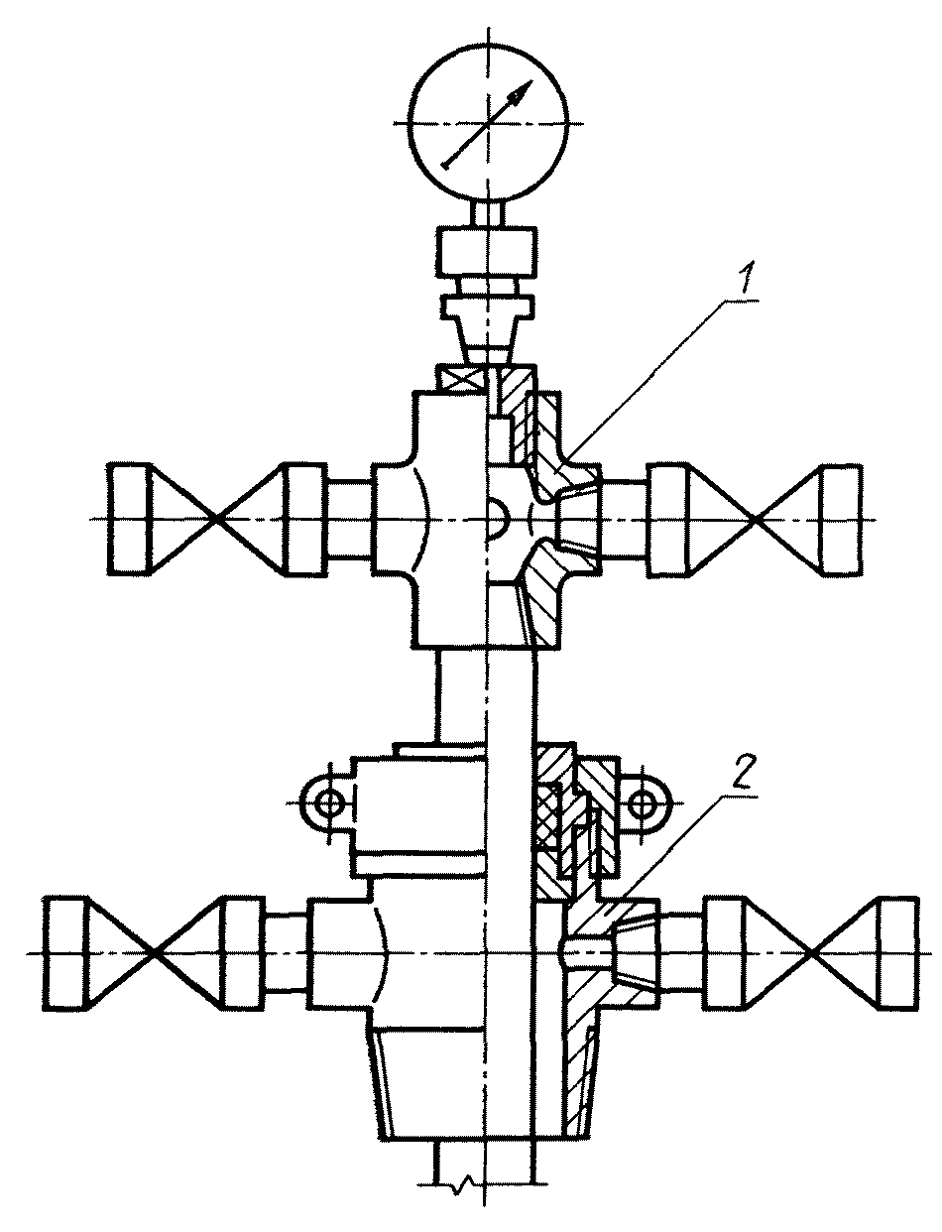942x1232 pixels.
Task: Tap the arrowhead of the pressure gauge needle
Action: [521, 90]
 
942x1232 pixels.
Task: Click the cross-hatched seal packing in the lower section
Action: [546, 818]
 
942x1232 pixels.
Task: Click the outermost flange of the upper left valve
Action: [130, 519]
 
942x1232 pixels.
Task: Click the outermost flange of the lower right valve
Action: [897, 953]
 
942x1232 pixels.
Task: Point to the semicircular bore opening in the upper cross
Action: [498, 519]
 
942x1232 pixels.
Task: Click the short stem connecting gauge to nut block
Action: [487, 214]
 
